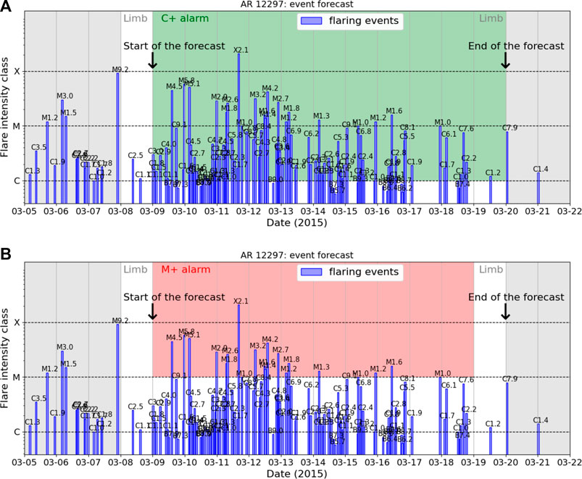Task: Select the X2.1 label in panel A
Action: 241,50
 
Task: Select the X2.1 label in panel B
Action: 241,301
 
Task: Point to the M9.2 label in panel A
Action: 120,70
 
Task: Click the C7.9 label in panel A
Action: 510,128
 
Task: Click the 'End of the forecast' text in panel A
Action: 516,46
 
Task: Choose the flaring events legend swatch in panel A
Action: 313,21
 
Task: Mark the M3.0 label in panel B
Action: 65,347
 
